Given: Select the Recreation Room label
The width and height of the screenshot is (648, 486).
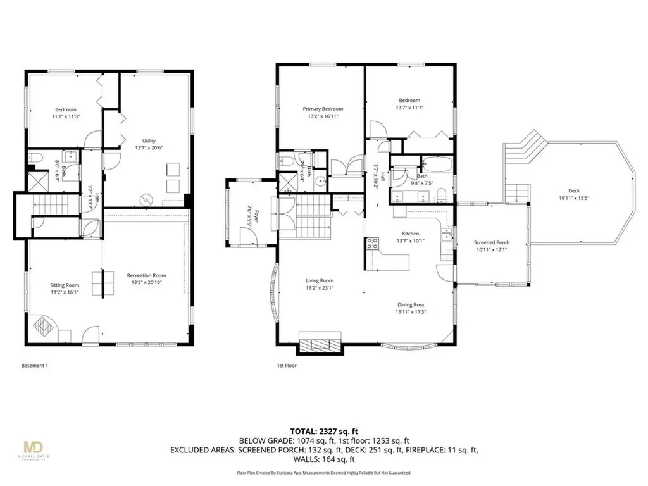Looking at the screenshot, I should click(x=146, y=275).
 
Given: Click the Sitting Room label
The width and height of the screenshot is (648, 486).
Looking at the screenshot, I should click(x=65, y=285).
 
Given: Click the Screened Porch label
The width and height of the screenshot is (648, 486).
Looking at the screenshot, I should click(x=492, y=242).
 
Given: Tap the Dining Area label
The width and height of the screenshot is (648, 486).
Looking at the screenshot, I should click(x=410, y=304).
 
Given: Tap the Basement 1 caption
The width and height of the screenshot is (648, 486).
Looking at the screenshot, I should click(x=35, y=366).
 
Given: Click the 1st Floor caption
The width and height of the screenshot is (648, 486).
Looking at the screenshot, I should click(x=287, y=366).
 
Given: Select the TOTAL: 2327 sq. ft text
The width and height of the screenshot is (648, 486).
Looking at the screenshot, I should click(x=323, y=429).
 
